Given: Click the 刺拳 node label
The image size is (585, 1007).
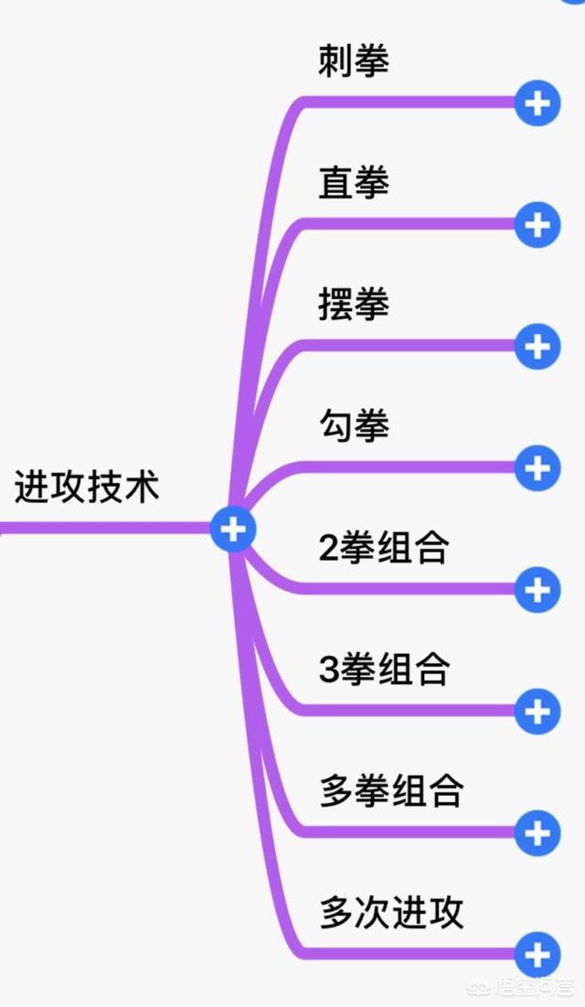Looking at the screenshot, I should [x=354, y=62].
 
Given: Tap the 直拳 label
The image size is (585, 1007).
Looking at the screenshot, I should [x=354, y=183].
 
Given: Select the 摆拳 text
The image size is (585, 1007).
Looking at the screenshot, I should [x=354, y=305].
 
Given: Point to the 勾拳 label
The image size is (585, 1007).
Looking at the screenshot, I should [x=354, y=426].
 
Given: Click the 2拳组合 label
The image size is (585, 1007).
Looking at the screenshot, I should [x=384, y=548].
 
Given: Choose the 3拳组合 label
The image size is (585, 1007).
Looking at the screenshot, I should [x=384, y=670].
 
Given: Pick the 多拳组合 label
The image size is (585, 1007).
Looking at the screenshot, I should [x=391, y=791].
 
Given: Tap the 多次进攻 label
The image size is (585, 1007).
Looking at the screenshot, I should [x=391, y=913].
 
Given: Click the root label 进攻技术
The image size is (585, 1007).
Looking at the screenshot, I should [x=87, y=486].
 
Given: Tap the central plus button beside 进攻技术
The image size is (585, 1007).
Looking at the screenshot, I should [x=233, y=529].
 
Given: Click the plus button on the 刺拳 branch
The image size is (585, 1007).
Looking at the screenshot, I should [x=537, y=103].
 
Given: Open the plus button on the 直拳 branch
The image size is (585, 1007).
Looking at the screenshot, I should [x=537, y=225].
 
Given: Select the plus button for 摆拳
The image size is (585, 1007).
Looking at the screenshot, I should [x=537, y=347].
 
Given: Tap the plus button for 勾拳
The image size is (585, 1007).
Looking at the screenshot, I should [x=537, y=468].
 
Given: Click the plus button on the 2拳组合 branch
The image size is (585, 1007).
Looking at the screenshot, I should [x=537, y=590].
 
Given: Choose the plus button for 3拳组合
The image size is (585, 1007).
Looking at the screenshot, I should [x=537, y=712].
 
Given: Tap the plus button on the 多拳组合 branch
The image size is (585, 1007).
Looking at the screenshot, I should [x=537, y=833].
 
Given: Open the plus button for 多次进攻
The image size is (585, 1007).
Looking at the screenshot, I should [x=537, y=955].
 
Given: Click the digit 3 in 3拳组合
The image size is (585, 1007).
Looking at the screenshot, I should [x=329, y=670].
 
